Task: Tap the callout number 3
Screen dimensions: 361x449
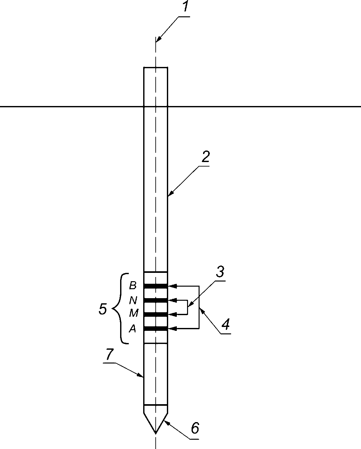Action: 220,272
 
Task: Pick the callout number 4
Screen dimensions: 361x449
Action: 226,324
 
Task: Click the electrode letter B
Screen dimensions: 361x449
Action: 133,285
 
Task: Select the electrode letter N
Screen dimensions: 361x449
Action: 133,300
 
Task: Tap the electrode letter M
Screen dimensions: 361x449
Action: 134,313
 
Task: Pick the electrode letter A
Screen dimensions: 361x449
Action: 133,329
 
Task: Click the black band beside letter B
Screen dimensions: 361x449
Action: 156,286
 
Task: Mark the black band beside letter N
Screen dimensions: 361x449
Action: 156,300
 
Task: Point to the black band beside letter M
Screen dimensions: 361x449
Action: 156,314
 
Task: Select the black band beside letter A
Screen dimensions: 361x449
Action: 156,329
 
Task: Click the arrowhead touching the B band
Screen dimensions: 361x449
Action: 173,286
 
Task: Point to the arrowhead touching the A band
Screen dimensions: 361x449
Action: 173,329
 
